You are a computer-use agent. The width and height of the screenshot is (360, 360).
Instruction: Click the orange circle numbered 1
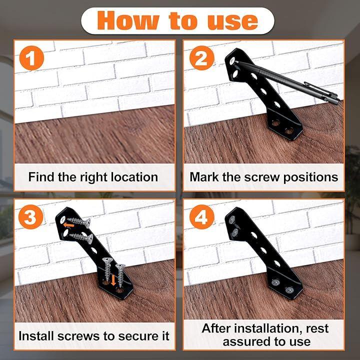pyautogui.click(x=31, y=58)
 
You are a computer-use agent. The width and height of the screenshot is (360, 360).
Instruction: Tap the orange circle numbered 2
pyautogui.click(x=202, y=58)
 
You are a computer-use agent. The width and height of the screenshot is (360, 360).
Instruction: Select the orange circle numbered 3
pyautogui.click(x=31, y=217)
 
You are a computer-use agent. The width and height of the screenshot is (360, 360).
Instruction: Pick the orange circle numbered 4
pyautogui.click(x=202, y=217)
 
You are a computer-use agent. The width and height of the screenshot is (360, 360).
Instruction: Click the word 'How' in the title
pyautogui.click(x=128, y=20)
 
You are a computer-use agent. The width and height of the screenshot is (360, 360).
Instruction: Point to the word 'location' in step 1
pyautogui.click(x=134, y=177)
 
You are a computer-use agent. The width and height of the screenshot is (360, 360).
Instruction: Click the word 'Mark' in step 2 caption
pyautogui.click(x=204, y=177)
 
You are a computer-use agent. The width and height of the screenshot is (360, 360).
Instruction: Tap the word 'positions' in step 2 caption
pyautogui.click(x=310, y=177)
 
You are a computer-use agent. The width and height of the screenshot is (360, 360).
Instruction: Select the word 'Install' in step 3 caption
pyautogui.click(x=36, y=336)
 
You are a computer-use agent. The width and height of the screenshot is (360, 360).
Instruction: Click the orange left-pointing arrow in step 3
pyautogui.click(x=68, y=225)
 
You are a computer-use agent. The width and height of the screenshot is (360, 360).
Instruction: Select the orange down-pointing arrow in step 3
pyautogui.click(x=113, y=280)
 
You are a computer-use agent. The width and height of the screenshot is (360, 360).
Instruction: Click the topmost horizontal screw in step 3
pyautogui.click(x=79, y=222)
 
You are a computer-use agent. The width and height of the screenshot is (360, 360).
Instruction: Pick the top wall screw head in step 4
pyautogui.click(x=232, y=219)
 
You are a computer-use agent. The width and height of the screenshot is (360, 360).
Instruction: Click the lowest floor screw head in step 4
pyautogui.click(x=289, y=290)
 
